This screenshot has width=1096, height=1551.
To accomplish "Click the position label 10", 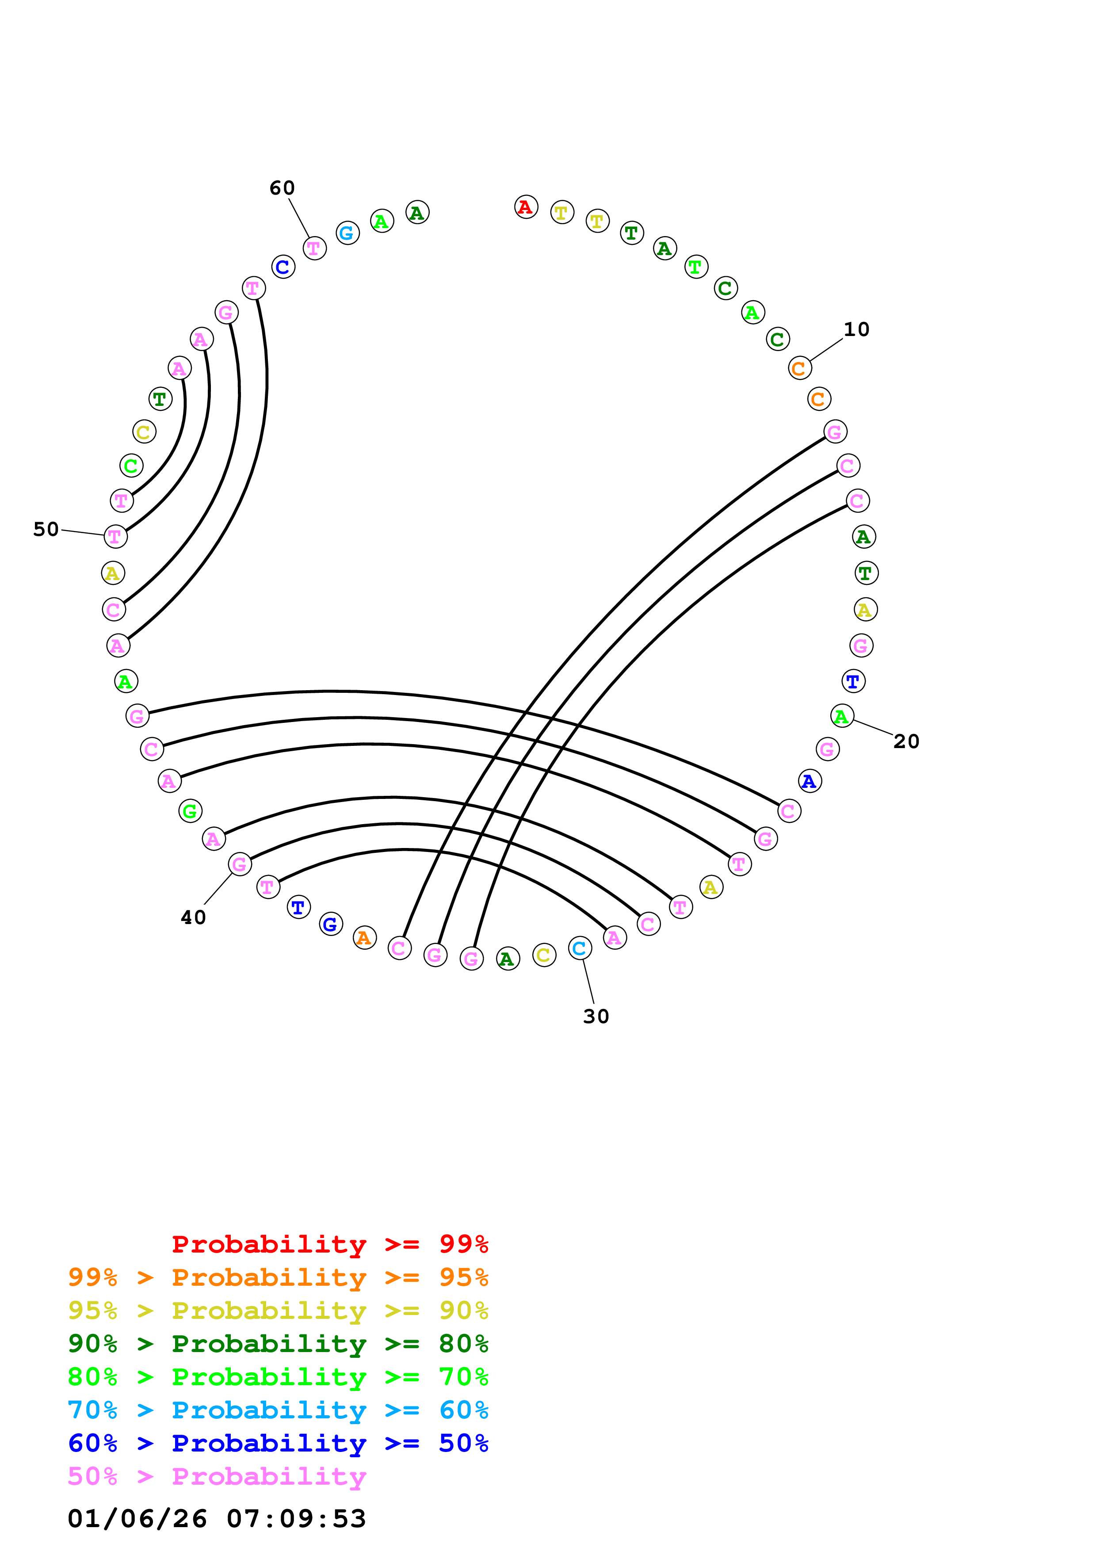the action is [x=856, y=330].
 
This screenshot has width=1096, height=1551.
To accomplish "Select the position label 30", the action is [x=596, y=1016].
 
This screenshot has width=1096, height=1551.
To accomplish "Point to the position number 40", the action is [x=193, y=917].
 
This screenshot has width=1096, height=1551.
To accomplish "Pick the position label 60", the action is [x=282, y=188].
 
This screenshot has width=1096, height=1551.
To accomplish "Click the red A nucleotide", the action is [x=525, y=207].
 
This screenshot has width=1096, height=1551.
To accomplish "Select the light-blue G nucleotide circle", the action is [x=347, y=233].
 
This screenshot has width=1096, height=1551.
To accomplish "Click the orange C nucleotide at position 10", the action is [x=799, y=368].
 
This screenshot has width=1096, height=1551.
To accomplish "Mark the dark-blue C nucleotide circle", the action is [x=283, y=267].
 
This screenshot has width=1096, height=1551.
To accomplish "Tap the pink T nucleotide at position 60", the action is [x=314, y=248].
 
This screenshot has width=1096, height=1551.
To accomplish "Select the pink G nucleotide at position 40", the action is [x=240, y=864].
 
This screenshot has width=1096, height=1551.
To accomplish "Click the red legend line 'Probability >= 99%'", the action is [x=329, y=1244].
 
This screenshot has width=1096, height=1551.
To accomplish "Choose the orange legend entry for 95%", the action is [x=278, y=1277].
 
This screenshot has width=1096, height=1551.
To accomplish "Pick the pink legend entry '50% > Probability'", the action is [x=217, y=1477].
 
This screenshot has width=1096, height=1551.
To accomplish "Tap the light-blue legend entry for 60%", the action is [x=278, y=1410].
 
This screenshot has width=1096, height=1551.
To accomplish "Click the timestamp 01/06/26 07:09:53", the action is [x=217, y=1519].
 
